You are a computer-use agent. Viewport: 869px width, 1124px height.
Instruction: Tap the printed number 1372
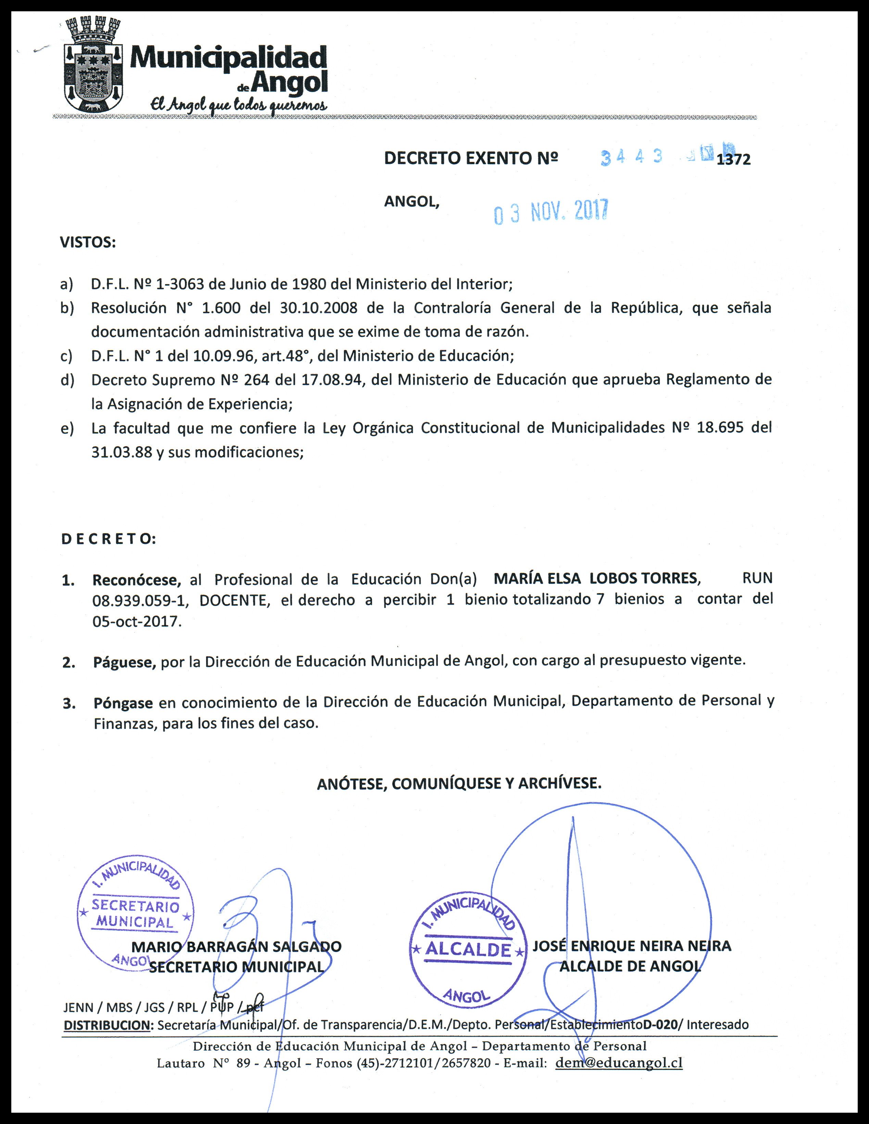coord(733,160)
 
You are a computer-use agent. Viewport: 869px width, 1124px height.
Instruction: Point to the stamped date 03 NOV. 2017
coord(551,211)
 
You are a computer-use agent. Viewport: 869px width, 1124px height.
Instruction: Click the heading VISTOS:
coord(88,242)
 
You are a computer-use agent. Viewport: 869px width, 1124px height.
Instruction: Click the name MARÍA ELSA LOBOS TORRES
coord(595,578)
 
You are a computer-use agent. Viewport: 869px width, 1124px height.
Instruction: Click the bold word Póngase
coord(123,703)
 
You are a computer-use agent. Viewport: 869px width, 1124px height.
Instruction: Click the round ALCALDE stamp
coord(468,950)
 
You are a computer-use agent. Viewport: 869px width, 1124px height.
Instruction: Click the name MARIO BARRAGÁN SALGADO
coord(237,946)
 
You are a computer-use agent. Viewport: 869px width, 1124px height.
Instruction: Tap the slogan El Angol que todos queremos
coord(238,105)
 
